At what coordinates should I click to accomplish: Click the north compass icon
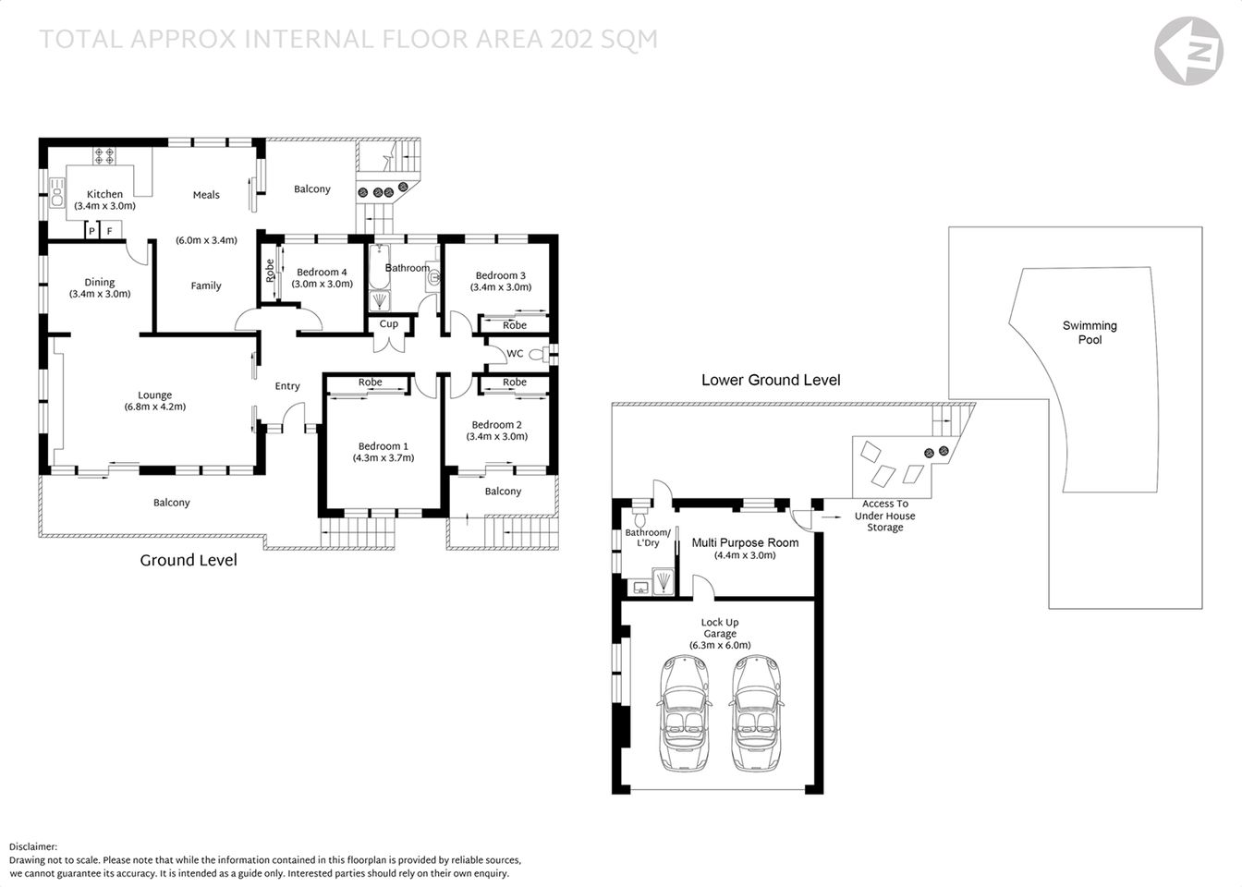[x=1189, y=51]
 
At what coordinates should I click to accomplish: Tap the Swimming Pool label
[x=1090, y=333]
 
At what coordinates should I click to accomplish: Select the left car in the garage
[x=684, y=713]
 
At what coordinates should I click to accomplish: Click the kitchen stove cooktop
[x=103, y=156]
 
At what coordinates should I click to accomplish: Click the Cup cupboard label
[x=389, y=324]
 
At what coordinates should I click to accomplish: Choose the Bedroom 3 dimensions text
[x=500, y=287]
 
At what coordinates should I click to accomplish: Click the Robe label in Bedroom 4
[x=270, y=270]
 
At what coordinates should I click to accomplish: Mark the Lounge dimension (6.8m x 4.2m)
[x=155, y=407]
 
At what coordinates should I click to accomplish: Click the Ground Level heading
[x=189, y=560]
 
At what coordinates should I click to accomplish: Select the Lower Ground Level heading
[x=771, y=380]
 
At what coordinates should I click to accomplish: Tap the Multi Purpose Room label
[x=745, y=542]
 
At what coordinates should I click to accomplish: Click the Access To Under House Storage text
[x=884, y=516]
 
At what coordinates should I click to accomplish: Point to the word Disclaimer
[x=33, y=846]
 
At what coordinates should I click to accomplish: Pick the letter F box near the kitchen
[x=110, y=230]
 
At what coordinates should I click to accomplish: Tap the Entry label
[x=287, y=386]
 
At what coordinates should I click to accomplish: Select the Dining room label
[x=100, y=283]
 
